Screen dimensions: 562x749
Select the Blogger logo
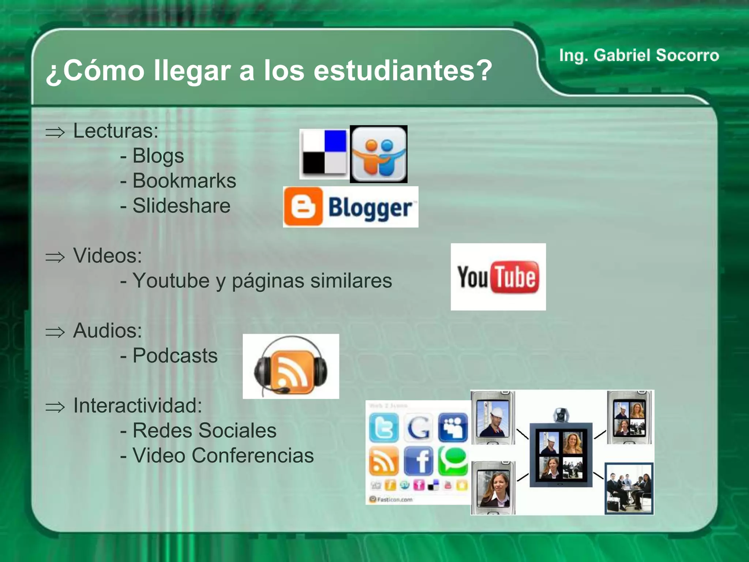point(350,207)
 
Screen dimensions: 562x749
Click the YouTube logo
point(498,277)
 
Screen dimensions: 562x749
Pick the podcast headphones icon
point(291,367)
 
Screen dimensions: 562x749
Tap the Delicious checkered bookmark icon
point(324,154)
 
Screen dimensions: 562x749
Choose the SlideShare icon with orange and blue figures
point(379,154)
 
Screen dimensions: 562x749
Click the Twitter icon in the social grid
point(384,427)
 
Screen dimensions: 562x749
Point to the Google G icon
point(418,427)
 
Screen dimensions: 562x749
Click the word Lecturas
point(116,131)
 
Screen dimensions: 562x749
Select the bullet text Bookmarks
point(184,181)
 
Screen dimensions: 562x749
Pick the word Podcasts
point(175,356)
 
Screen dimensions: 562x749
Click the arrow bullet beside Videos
point(55,257)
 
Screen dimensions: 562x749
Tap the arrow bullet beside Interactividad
point(55,407)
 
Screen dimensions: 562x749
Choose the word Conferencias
point(252,456)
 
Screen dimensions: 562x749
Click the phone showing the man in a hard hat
point(493,417)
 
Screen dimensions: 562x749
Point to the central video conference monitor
point(561,455)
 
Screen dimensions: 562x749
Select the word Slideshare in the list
point(181,206)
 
